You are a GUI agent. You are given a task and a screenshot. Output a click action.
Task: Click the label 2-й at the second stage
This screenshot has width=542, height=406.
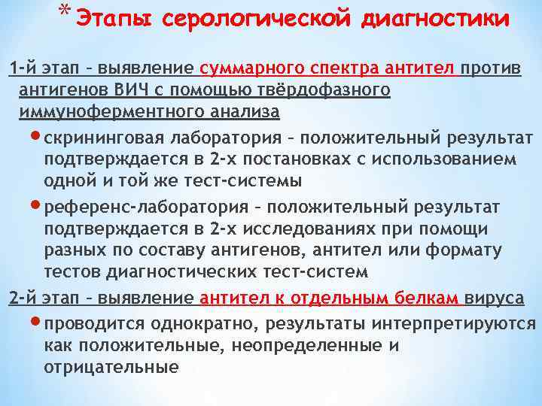point(22,298)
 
